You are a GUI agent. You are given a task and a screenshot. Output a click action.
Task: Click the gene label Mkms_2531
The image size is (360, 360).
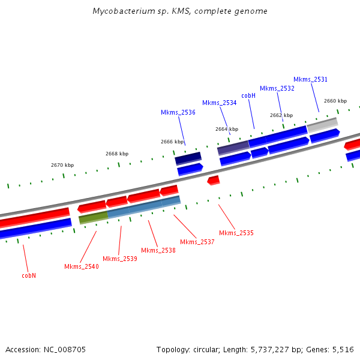coord(310,79)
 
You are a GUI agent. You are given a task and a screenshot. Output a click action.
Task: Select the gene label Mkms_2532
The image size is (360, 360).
coord(277,88)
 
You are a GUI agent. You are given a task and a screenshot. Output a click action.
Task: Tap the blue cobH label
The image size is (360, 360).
coord(248,95)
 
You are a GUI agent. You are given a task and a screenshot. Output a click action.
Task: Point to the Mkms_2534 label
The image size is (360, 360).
coord(219,103)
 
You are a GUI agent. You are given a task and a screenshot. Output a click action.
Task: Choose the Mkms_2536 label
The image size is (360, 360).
coord(178,112)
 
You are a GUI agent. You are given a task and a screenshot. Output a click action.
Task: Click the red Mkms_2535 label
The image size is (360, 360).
coord(236,233)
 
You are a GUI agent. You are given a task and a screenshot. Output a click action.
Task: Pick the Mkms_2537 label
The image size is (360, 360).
coord(197,242)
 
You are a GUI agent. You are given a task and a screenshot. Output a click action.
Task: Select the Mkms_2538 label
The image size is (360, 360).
coord(158,250)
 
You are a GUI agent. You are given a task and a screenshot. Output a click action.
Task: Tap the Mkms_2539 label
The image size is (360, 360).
coord(119,259)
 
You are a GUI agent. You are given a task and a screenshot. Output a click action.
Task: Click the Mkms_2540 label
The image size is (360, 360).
coord(81,266)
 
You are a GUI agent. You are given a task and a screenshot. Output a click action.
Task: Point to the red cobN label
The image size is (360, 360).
coord(29,276)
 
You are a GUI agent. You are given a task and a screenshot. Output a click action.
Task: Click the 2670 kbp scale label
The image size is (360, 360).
coord(62,165)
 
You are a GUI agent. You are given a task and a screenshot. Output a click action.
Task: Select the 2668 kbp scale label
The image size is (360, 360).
coord(117,154)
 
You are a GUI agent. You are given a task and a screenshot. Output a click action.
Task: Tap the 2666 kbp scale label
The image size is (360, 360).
coord(172,142)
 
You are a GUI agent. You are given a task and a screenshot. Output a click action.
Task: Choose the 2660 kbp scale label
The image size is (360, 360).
coord(335,101)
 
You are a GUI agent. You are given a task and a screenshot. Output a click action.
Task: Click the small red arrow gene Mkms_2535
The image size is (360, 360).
coord(213,180)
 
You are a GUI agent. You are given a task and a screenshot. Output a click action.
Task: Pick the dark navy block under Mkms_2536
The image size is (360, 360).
coord(188,158)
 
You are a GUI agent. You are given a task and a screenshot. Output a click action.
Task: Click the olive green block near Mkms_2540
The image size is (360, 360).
coord(93,217)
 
